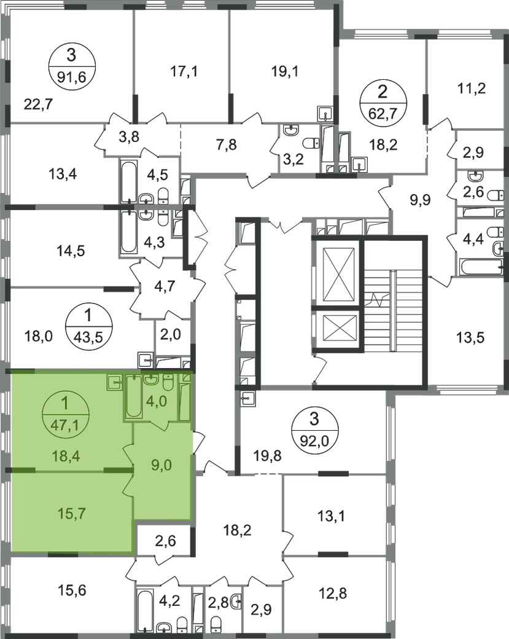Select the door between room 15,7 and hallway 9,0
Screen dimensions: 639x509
pyautogui.click(x=130, y=486)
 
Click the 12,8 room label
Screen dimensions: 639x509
pyautogui.click(x=335, y=595)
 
